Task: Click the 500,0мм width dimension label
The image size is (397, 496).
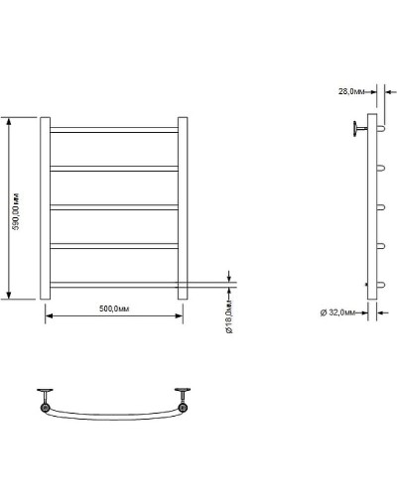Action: tap(114, 310)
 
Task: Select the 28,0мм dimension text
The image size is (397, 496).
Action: tap(351, 90)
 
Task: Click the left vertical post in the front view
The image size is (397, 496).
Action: tap(45, 208)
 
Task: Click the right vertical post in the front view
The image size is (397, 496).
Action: tap(183, 208)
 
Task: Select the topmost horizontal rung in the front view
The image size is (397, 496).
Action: tap(114, 130)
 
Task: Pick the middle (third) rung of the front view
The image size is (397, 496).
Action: tap(114, 207)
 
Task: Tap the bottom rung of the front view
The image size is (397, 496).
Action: tap(114, 285)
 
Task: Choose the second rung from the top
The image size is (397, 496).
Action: tap(114, 169)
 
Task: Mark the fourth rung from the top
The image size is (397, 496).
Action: tap(114, 246)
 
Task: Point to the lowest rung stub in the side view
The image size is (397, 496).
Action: tap(378, 285)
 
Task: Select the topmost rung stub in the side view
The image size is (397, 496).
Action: tap(378, 130)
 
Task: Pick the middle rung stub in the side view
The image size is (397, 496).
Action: tap(378, 207)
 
